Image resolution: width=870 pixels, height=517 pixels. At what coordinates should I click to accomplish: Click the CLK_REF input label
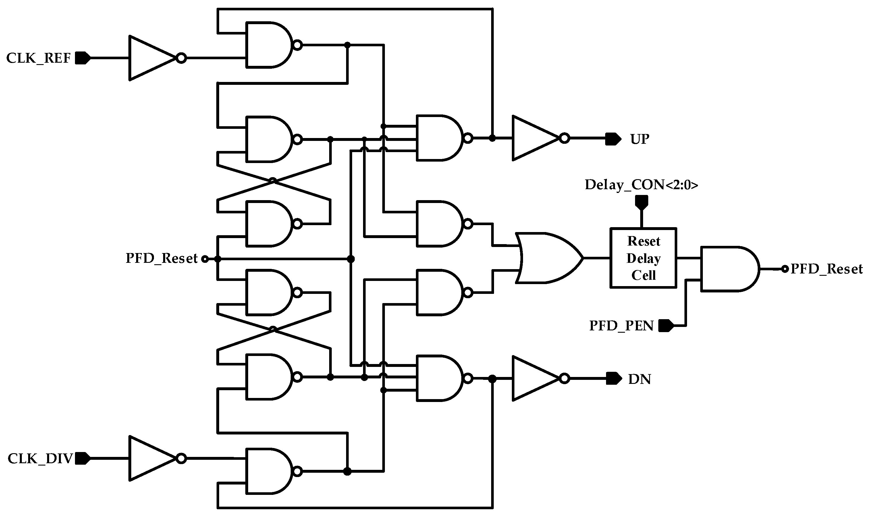(38, 58)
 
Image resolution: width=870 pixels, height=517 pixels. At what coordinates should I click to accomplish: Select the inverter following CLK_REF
(153, 58)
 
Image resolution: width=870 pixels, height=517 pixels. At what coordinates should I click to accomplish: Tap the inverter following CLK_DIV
(153, 458)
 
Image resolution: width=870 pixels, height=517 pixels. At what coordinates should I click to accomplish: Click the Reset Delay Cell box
(643, 258)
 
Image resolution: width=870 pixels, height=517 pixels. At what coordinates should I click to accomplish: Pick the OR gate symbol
(548, 258)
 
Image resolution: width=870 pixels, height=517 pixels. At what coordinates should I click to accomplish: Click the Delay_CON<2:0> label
(641, 185)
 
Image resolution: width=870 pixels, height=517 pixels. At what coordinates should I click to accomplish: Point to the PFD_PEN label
(621, 326)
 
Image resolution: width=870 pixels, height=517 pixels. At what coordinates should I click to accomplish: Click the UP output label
(640, 139)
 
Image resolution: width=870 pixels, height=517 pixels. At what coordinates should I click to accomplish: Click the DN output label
(640, 379)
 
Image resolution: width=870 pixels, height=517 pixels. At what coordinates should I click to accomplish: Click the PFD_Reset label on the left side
(161, 258)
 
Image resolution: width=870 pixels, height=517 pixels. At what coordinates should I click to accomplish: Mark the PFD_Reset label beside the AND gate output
(827, 269)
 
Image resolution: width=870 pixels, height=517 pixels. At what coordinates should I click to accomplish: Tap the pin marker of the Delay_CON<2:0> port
(642, 202)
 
